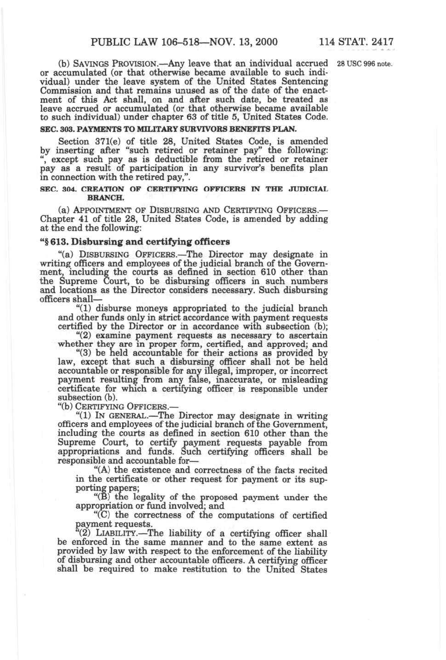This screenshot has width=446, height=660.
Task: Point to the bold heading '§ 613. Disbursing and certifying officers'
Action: pyautogui.click(x=135, y=242)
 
